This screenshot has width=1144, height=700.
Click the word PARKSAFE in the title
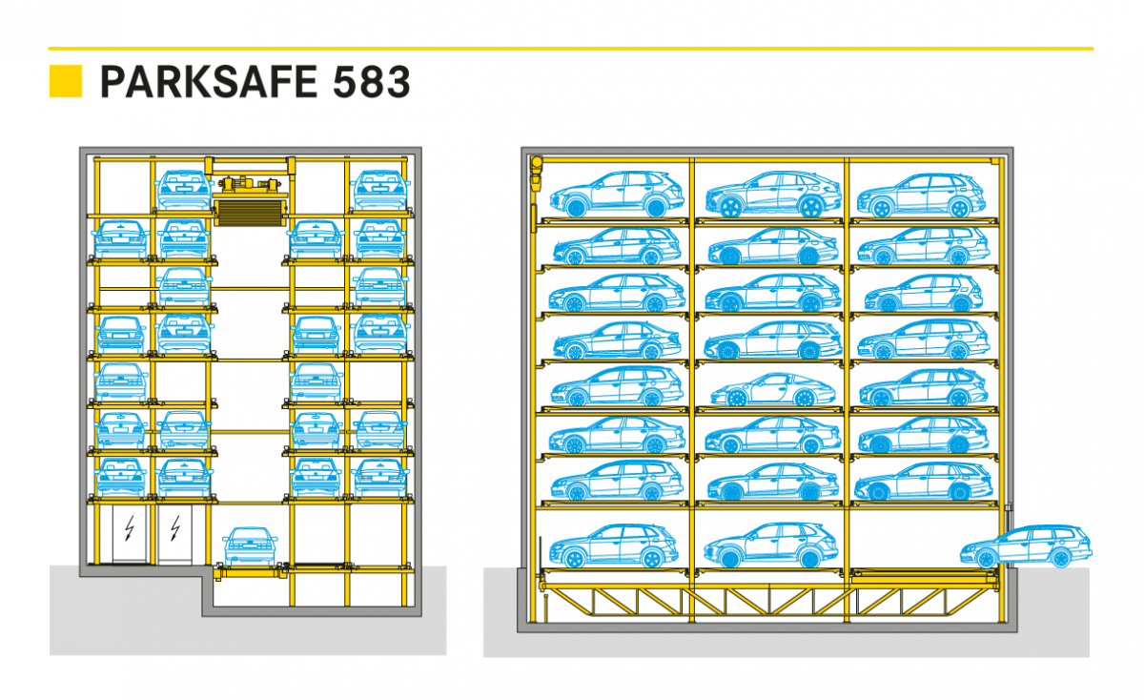click(x=209, y=82)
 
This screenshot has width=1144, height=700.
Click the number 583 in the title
click(x=371, y=82)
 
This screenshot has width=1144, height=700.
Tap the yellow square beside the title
click(x=66, y=81)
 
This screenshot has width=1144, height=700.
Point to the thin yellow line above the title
click(x=571, y=49)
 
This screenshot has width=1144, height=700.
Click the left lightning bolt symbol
click(x=130, y=528)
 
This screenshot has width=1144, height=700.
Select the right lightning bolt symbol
click(x=175, y=528)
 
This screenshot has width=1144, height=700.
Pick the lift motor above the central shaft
click(x=250, y=184)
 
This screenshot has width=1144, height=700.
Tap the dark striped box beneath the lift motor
click(x=250, y=213)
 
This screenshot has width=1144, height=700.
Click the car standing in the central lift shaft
click(x=250, y=546)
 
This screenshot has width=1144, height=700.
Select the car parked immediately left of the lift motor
click(x=183, y=190)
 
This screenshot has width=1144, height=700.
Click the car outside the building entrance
click(x=1026, y=546)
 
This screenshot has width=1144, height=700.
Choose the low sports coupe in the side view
click(x=773, y=390)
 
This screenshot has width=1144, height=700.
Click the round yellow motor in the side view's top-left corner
click(x=536, y=163)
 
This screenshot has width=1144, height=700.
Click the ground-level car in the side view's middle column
click(x=770, y=546)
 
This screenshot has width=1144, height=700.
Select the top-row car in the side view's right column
click(x=921, y=196)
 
